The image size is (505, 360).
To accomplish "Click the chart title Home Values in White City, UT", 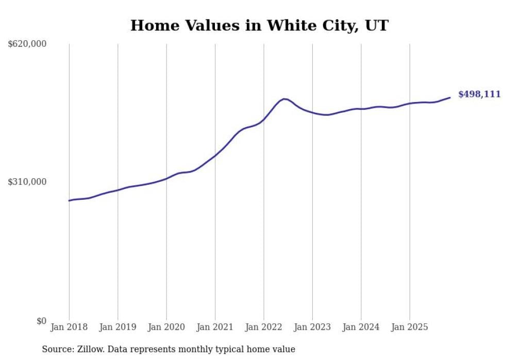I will point(259,25).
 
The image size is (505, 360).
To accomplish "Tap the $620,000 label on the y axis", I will point(27,44).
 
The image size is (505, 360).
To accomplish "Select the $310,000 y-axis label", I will point(27,182).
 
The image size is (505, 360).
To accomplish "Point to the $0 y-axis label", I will point(41,321).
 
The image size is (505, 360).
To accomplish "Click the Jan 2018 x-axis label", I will point(69,327).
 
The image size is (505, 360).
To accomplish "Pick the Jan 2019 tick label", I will point(117,327).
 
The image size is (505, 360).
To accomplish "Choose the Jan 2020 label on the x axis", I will point(166,327).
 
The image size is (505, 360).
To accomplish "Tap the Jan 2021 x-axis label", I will point(215,327).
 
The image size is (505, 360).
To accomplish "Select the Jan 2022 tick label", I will point(264,327).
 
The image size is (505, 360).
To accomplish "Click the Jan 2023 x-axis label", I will point(312,327).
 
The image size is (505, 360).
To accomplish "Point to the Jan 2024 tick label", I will point(361,327).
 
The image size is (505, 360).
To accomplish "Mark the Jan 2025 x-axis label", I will point(410,327).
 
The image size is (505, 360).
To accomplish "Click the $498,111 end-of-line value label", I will point(479,94).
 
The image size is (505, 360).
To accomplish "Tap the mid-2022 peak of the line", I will point(284,99).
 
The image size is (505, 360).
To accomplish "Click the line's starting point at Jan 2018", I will point(69,200).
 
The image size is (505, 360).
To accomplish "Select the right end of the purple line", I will point(450,97).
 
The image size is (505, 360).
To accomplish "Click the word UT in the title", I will point(377,25).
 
